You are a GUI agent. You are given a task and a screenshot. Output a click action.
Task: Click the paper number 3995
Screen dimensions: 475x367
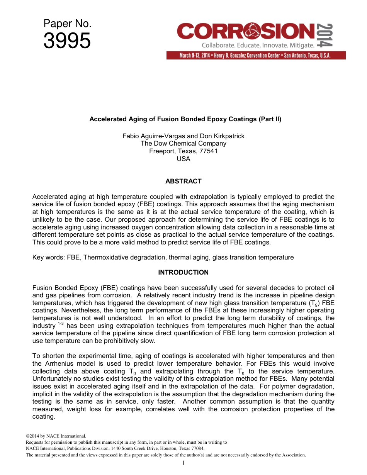pyautogui.click(x=67, y=41)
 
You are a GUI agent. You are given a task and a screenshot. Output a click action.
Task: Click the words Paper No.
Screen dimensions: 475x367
pyautogui.click(x=67, y=24)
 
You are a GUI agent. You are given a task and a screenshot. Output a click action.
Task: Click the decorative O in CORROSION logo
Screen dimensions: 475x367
pyautogui.click(x=248, y=31)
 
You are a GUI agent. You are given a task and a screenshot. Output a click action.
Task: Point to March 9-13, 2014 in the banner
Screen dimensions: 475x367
pyautogui.click(x=194, y=56)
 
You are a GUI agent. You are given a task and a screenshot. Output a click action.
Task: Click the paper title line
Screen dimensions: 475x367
pyautogui.click(x=185, y=119)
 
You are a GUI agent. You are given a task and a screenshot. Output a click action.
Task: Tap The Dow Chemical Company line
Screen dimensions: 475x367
pyautogui.click(x=183, y=144)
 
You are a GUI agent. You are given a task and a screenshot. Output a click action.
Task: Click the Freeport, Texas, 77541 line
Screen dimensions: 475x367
pyautogui.click(x=183, y=151)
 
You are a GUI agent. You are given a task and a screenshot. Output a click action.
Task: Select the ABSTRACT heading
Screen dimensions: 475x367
pyautogui.click(x=183, y=181)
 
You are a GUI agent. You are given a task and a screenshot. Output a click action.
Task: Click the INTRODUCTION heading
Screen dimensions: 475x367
pyautogui.click(x=183, y=272)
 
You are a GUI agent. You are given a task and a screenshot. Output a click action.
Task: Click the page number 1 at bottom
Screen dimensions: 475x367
pyautogui.click(x=183, y=463)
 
